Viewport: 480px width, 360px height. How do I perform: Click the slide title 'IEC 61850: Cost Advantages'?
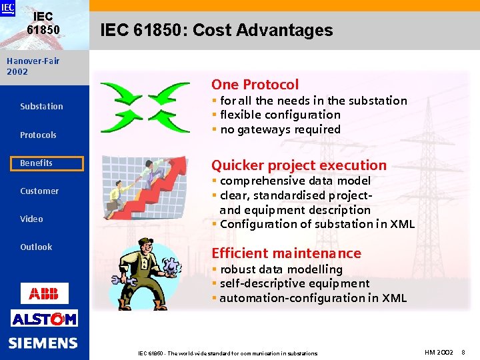tap(216, 30)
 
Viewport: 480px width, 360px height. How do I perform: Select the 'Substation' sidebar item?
tap(41, 107)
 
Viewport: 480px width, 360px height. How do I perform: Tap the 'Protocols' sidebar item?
tap(38, 135)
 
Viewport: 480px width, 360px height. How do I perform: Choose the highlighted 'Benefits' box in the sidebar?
tap(51, 163)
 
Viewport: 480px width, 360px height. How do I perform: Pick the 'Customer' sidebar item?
tap(39, 191)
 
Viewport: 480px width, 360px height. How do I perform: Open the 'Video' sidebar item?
tap(31, 219)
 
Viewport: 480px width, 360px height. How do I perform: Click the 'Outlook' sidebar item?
tap(36, 247)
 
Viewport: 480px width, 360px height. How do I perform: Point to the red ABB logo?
tap(44, 293)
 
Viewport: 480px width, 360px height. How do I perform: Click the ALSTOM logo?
tap(44, 319)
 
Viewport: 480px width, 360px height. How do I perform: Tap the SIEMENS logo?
tap(43, 343)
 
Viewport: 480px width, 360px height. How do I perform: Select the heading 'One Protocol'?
tap(255, 85)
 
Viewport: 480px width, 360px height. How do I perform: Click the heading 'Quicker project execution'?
tap(299, 165)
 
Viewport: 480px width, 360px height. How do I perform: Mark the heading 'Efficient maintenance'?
tap(286, 253)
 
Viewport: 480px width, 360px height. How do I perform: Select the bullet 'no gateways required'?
tap(280, 129)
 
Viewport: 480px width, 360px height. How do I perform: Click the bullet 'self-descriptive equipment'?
tap(294, 283)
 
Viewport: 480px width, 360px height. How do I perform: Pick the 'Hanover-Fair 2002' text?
tap(33, 66)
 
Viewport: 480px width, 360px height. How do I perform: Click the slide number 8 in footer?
tap(463, 351)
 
